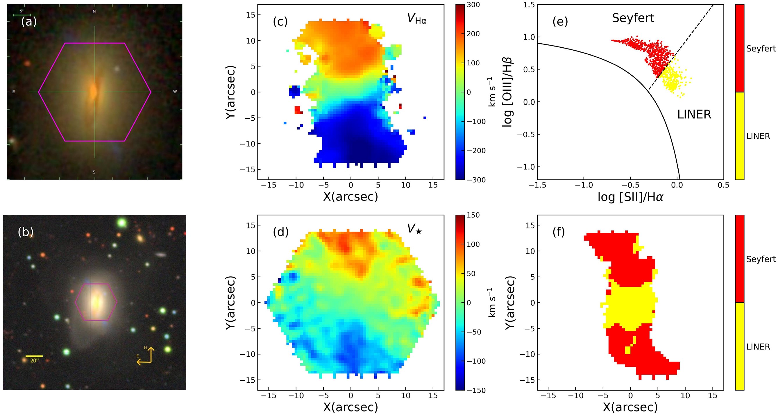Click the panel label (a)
click(x=29, y=22)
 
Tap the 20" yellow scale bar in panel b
click(x=34, y=356)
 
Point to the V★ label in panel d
click(x=414, y=229)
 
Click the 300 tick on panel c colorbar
click(x=473, y=5)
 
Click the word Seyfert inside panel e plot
click(x=633, y=18)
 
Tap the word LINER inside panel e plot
click(x=694, y=115)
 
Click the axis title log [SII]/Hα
click(x=630, y=197)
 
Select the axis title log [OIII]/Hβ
click(x=508, y=92)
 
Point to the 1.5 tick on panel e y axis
click(x=529, y=5)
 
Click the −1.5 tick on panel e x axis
click(x=537, y=185)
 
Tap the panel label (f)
click(x=558, y=232)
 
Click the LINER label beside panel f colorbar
click(x=758, y=347)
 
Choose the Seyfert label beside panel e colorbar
click(x=761, y=49)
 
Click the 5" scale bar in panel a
click(x=22, y=14)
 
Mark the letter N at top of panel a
click(x=94, y=11)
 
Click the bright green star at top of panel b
click(x=122, y=223)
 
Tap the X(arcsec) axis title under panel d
click(x=350, y=407)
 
